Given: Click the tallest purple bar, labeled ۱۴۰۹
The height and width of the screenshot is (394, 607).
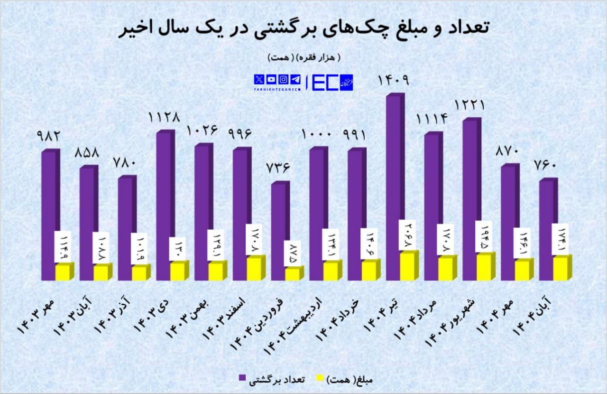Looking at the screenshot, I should click(395, 188).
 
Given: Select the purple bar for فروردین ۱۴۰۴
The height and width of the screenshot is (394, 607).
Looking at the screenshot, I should click(280, 231).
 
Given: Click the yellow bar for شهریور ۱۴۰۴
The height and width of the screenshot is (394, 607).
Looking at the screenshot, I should click(484, 267).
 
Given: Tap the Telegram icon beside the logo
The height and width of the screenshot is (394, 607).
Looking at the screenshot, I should click(295, 79).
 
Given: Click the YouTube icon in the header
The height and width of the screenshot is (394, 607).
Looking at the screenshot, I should click(271, 79).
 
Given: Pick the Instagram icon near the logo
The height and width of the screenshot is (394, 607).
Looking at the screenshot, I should click(283, 79).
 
